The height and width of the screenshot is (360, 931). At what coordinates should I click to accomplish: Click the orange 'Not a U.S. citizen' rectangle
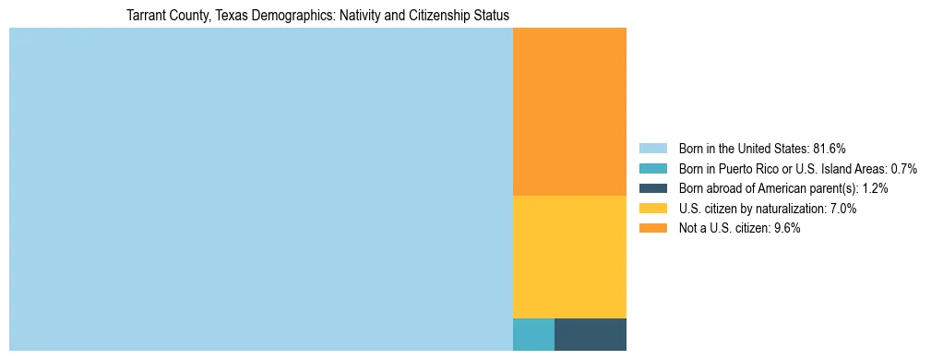569,112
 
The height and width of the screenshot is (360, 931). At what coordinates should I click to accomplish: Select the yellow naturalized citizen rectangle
569,257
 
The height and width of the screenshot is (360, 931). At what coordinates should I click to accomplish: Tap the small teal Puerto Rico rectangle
533,334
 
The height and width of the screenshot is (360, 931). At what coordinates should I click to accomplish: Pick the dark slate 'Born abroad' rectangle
591,334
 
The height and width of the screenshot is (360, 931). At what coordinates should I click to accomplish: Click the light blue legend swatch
652,149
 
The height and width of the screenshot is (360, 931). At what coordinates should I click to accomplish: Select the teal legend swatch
652,169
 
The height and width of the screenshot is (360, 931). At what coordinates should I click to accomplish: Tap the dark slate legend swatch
652,188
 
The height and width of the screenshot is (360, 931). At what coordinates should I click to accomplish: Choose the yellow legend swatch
652,209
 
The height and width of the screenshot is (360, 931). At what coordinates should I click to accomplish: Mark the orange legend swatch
652,228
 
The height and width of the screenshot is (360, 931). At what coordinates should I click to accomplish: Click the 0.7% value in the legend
904,169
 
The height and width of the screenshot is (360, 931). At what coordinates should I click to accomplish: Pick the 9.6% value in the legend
786,228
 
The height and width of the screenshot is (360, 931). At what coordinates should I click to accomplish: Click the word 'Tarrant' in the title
145,16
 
